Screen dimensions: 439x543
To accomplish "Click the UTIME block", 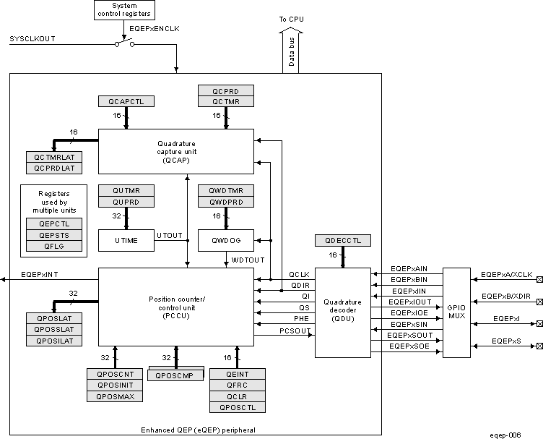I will click(126, 240).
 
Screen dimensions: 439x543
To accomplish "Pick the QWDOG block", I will click(225, 240).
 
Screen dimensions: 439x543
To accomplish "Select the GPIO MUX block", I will click(456, 312).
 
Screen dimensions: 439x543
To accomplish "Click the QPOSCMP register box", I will click(175, 375).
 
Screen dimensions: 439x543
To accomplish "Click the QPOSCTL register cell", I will click(237, 407).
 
